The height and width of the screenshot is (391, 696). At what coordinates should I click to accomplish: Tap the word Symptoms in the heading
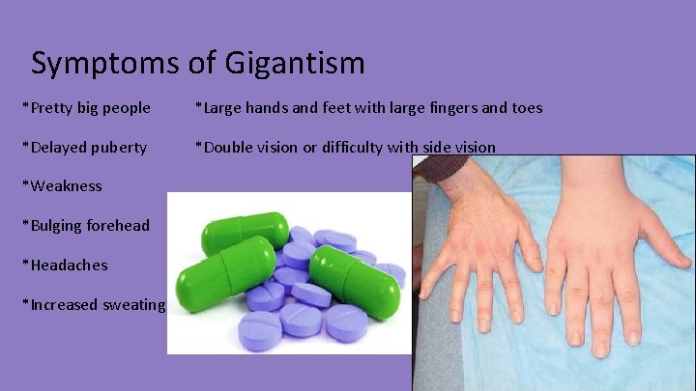coord(104,64)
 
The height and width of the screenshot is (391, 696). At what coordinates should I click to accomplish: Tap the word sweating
coord(135,304)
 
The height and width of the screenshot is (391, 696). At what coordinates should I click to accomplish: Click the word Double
coord(225,148)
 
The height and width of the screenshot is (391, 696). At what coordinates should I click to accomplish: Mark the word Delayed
coord(57,148)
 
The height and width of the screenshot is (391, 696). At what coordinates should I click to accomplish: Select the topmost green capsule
coord(245,233)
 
